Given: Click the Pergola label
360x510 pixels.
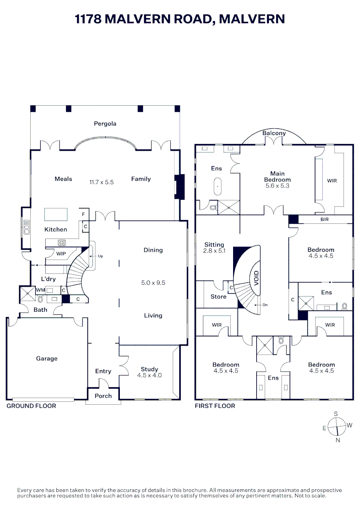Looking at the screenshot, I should tap(105, 124).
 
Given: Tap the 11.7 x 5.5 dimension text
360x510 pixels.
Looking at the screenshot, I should tap(101, 182).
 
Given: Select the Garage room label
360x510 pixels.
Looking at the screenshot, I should tap(47, 358).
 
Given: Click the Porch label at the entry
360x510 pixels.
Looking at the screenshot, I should tap(103, 396).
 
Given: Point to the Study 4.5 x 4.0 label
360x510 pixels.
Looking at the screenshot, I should tap(149, 372).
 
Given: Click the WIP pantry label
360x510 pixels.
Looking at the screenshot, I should tap(61, 254).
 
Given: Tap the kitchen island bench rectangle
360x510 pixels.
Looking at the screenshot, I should tap(56, 214).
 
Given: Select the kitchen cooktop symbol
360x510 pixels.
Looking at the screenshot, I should tap(61, 244).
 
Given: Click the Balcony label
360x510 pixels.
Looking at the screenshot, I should tap(274, 133).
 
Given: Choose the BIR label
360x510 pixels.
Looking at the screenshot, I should tap(324, 220).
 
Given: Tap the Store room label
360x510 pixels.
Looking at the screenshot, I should tap(218, 297).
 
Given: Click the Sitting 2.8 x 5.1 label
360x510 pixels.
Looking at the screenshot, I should tap(214, 247).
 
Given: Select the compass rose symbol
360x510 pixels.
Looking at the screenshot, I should tap(336, 427).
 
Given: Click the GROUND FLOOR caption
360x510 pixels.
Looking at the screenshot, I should tap(31, 406).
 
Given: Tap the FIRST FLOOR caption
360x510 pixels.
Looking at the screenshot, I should tap(215, 406).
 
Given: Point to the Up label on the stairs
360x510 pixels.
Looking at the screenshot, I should tap(100, 256).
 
